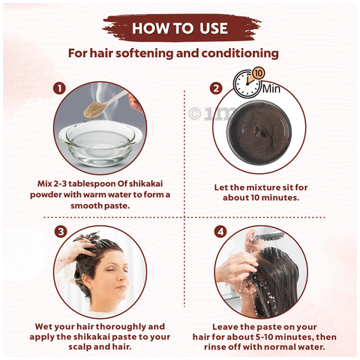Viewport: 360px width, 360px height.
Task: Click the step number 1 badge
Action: (x=59, y=88)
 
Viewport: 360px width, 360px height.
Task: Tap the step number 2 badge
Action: (x=216, y=88)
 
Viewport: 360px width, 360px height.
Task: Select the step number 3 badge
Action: (x=61, y=232)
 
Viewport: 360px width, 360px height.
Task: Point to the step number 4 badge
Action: (x=220, y=232)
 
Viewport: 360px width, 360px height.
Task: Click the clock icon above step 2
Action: (x=247, y=84)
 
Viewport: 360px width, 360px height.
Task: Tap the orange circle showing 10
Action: (x=259, y=73)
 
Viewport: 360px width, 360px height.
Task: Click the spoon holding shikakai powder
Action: (x=105, y=103)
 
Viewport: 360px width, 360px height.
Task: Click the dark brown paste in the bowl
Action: (x=260, y=133)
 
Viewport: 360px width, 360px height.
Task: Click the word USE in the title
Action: (x=213, y=28)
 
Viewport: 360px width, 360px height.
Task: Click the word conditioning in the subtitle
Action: (x=240, y=53)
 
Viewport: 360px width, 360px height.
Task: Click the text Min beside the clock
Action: (x=271, y=88)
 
